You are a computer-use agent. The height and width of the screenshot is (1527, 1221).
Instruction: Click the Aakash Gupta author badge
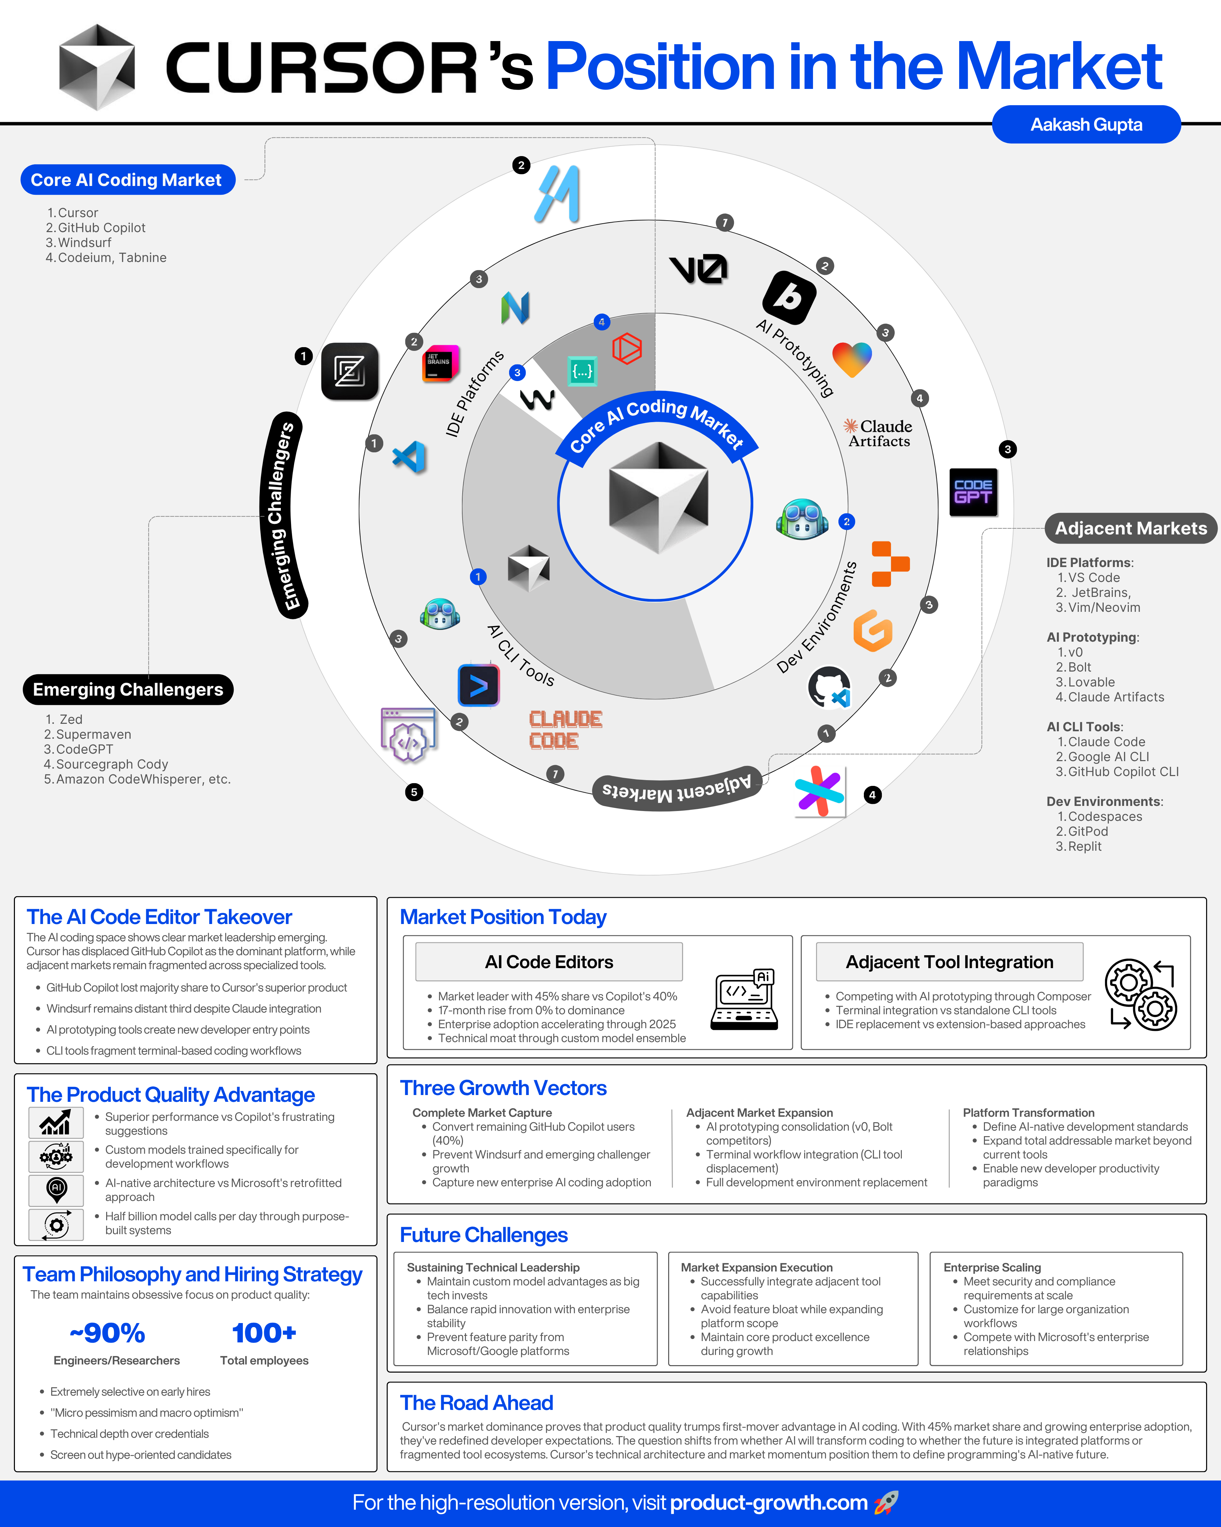(x=1086, y=125)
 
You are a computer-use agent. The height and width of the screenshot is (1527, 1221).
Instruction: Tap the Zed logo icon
(x=350, y=371)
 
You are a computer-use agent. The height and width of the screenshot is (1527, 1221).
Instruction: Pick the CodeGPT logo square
(x=973, y=492)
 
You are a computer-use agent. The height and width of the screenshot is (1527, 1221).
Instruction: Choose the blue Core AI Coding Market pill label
(x=128, y=180)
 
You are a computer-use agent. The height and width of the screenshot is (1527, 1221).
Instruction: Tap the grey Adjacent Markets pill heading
(x=1130, y=528)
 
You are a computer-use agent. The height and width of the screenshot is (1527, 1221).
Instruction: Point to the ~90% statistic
(x=108, y=1333)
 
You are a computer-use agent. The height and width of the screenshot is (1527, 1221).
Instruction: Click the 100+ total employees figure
(x=264, y=1333)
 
